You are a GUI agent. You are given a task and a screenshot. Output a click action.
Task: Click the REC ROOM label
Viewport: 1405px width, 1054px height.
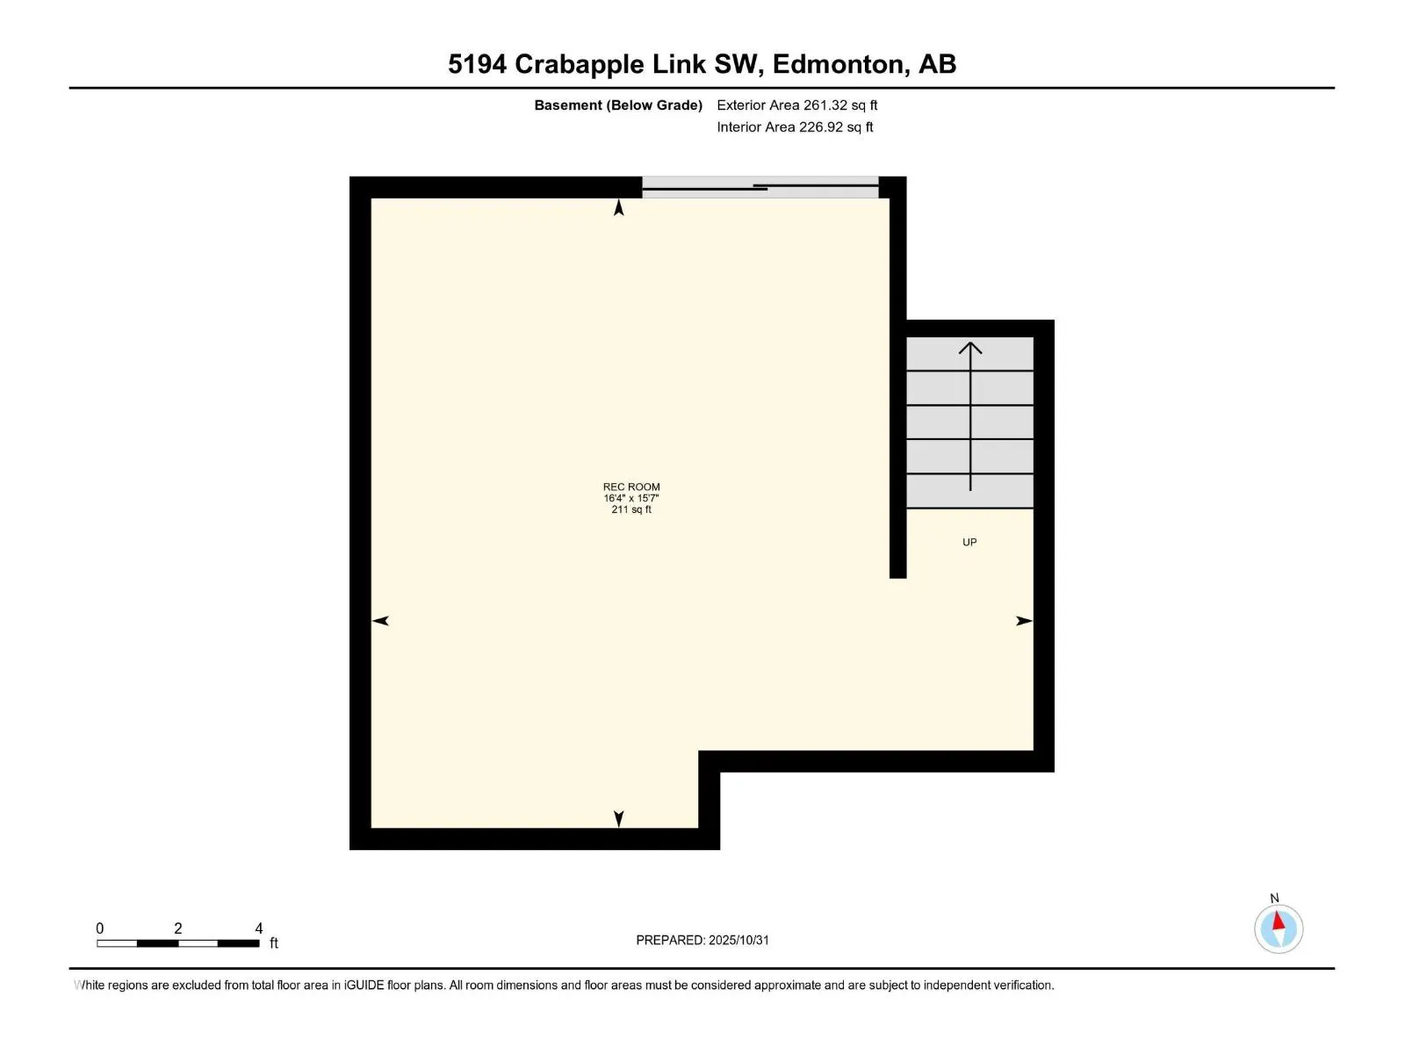point(631,487)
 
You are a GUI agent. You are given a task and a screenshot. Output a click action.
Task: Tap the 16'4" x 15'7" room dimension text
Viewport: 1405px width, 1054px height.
point(631,498)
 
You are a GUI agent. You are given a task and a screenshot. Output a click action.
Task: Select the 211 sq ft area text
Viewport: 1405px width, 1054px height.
point(631,509)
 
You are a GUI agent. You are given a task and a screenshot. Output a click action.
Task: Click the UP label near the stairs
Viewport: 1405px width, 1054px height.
point(969,543)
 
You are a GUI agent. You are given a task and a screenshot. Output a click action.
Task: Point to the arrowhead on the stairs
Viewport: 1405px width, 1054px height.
point(970,348)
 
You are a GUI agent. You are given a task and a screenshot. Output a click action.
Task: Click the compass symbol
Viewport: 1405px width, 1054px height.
point(1279,929)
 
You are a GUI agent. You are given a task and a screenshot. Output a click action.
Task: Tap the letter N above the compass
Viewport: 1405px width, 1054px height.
point(1274,899)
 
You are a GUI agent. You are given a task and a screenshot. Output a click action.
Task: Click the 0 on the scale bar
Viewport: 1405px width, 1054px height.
point(100,928)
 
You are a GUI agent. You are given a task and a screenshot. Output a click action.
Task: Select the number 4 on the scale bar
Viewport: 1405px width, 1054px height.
point(259,928)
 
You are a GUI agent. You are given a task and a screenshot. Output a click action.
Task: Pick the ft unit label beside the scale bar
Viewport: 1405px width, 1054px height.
point(274,943)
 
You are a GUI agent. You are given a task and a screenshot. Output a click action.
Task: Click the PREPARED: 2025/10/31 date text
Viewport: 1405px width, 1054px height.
point(702,940)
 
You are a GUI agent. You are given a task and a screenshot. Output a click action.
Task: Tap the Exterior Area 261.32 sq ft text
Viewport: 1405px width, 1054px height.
point(796,105)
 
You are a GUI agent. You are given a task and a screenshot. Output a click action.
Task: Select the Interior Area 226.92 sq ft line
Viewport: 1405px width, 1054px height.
point(795,127)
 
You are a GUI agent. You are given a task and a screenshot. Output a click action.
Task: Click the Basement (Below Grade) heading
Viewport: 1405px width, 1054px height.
point(618,105)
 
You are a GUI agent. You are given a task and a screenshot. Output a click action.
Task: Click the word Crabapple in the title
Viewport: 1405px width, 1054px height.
point(580,64)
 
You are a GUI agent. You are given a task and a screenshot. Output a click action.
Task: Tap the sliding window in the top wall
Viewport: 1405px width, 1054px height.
point(760,187)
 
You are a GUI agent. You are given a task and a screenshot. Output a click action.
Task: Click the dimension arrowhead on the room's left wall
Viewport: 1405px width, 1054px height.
point(380,621)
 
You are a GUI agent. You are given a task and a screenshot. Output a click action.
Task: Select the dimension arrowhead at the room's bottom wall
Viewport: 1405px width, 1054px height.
point(619,819)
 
